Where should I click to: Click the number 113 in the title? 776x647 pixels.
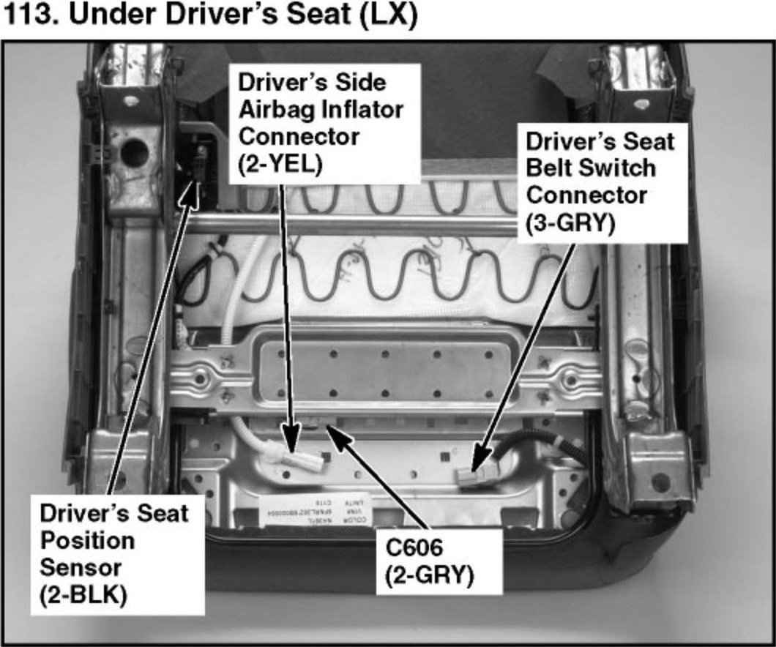[30, 16]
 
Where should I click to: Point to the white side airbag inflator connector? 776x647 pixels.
[296, 458]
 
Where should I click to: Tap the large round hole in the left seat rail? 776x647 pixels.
[134, 152]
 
